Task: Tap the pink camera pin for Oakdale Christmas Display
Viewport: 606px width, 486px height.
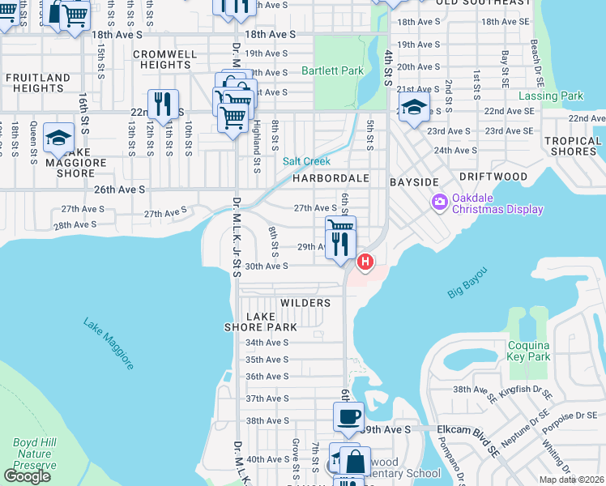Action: pos(440,201)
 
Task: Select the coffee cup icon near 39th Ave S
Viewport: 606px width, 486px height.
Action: pos(348,417)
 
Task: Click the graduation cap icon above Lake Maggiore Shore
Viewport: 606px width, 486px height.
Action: pos(58,138)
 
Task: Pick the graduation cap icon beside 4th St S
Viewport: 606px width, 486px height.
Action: pos(413,109)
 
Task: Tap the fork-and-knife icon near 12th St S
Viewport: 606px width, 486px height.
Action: pos(164,104)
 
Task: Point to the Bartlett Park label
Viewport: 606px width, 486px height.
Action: pos(332,71)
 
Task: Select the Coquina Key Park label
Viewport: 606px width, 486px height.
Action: pos(528,351)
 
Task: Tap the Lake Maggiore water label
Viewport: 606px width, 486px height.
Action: pos(109,343)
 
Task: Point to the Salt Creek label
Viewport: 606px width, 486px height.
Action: pos(306,161)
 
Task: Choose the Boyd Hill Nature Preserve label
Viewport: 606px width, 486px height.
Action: pos(34,454)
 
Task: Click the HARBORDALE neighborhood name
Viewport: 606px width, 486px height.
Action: pos(331,177)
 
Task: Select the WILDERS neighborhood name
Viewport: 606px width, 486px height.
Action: pos(305,303)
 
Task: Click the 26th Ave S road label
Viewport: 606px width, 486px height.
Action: pos(119,190)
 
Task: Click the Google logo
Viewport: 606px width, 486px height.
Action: pos(27,476)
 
